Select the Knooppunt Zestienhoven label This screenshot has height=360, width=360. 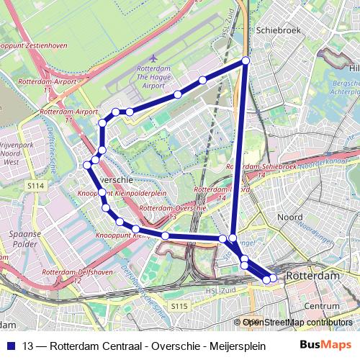coord(35,45)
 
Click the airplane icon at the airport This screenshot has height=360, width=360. coord(154,58)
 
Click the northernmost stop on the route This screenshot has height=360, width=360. coord(246,61)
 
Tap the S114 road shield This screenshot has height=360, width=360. coord(37,186)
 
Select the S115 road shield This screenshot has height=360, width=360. coord(179,307)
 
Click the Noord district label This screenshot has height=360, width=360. coord(290,216)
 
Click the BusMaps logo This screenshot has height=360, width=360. coord(322,344)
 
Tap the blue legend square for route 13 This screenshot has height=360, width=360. coord(11,345)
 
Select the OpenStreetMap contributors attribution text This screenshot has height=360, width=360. coord(297,323)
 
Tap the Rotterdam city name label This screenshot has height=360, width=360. coord(312,276)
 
